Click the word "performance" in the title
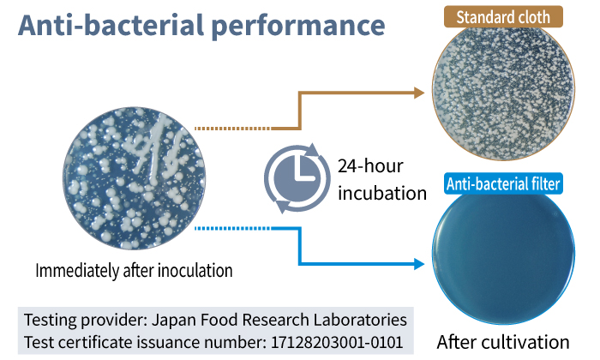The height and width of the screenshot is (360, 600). (x=298, y=27)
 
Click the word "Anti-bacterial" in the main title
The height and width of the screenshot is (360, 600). (x=111, y=25)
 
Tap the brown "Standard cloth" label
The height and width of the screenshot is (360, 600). (x=503, y=17)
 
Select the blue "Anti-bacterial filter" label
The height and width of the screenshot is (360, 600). (x=503, y=184)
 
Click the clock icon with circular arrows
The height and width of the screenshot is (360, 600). (x=297, y=178)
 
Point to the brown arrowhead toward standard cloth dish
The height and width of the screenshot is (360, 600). (x=419, y=93)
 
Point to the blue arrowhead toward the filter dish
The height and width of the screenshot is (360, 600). (x=419, y=264)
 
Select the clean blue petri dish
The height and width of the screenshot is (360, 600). (x=503, y=258)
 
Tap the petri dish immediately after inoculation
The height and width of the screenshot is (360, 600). (x=134, y=178)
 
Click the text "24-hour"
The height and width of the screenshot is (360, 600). (x=370, y=166)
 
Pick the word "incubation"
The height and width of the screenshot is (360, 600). (x=382, y=193)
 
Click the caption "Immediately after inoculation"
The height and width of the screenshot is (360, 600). (x=134, y=271)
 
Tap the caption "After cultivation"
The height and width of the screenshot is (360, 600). (x=503, y=342)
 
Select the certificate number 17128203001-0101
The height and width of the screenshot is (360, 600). (x=337, y=342)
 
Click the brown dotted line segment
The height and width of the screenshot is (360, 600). (x=232, y=129)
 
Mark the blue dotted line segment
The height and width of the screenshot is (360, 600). (x=232, y=228)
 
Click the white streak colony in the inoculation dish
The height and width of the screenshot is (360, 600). (x=155, y=149)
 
